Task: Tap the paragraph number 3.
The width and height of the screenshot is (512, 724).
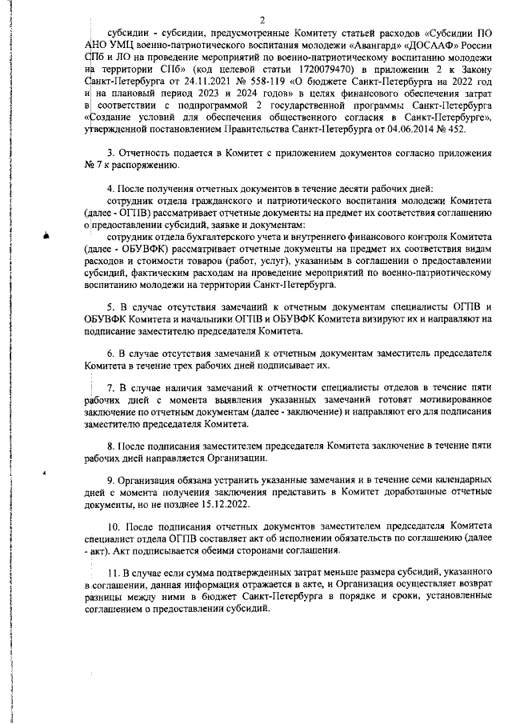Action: pyautogui.click(x=110, y=152)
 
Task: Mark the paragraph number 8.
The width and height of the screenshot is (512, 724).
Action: pyautogui.click(x=110, y=446)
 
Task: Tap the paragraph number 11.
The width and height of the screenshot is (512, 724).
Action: pyautogui.click(x=112, y=575)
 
